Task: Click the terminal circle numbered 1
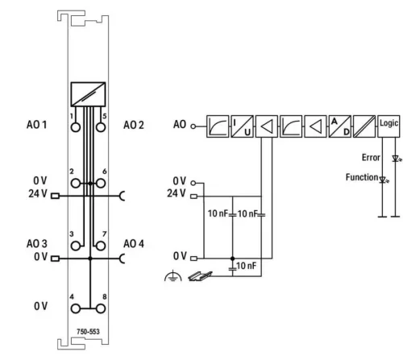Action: [x=76, y=127]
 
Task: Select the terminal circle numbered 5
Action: [x=101, y=127]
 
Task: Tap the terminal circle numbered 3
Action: [x=76, y=246]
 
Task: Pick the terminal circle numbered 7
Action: [x=101, y=246]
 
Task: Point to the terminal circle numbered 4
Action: [x=76, y=308]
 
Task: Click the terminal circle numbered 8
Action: [x=101, y=308]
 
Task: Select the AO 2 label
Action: [x=134, y=125]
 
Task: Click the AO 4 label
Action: [x=134, y=244]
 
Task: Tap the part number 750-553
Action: [x=88, y=332]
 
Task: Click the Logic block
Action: [x=388, y=126]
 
